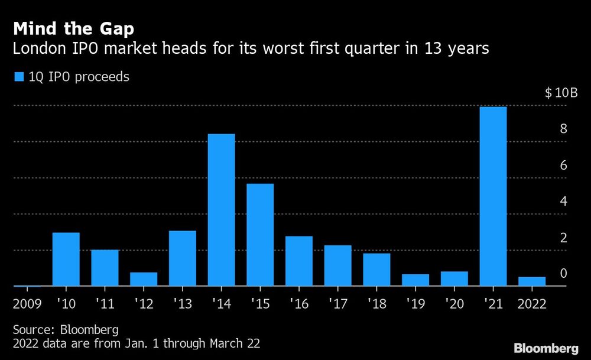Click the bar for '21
493,196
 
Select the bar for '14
221,210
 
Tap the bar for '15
260,235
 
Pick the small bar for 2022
532,281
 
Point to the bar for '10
66,259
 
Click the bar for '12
144,279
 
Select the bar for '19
415,280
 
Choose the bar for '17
338,265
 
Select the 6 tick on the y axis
563,166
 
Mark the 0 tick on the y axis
563,274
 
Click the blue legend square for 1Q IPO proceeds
19,77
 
